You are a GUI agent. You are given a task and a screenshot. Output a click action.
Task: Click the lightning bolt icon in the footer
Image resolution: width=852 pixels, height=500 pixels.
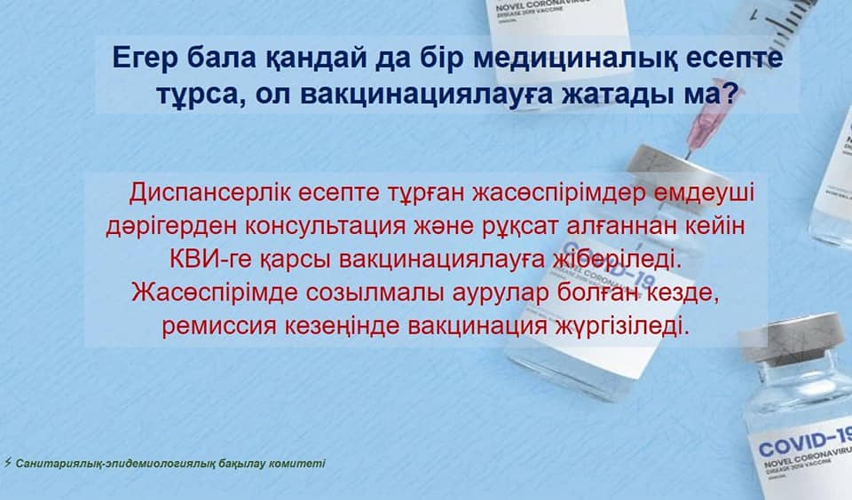tap(7, 463)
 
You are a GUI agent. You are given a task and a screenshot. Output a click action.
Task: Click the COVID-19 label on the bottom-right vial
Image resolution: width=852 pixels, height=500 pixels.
tap(805, 441)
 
